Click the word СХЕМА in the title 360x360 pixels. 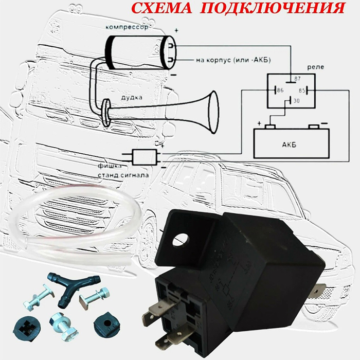(x=162, y=8)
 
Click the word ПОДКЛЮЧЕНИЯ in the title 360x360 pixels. (x=272, y=8)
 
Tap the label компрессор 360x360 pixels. (x=127, y=27)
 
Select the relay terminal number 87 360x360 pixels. (x=297, y=79)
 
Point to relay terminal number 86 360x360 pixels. (x=280, y=90)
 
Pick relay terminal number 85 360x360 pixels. (x=302, y=91)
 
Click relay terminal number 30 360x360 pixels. (x=296, y=101)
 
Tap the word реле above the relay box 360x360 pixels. (x=316, y=67)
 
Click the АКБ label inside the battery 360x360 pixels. (x=289, y=145)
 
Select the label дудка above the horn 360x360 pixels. (x=131, y=97)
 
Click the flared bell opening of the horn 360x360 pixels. (x=213, y=112)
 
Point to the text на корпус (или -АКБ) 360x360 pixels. (x=233, y=60)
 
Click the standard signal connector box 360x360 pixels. (x=145, y=157)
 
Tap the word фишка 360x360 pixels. (x=110, y=166)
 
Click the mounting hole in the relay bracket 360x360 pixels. (x=181, y=240)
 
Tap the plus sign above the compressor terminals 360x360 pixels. (x=176, y=30)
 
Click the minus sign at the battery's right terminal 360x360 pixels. (x=324, y=123)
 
